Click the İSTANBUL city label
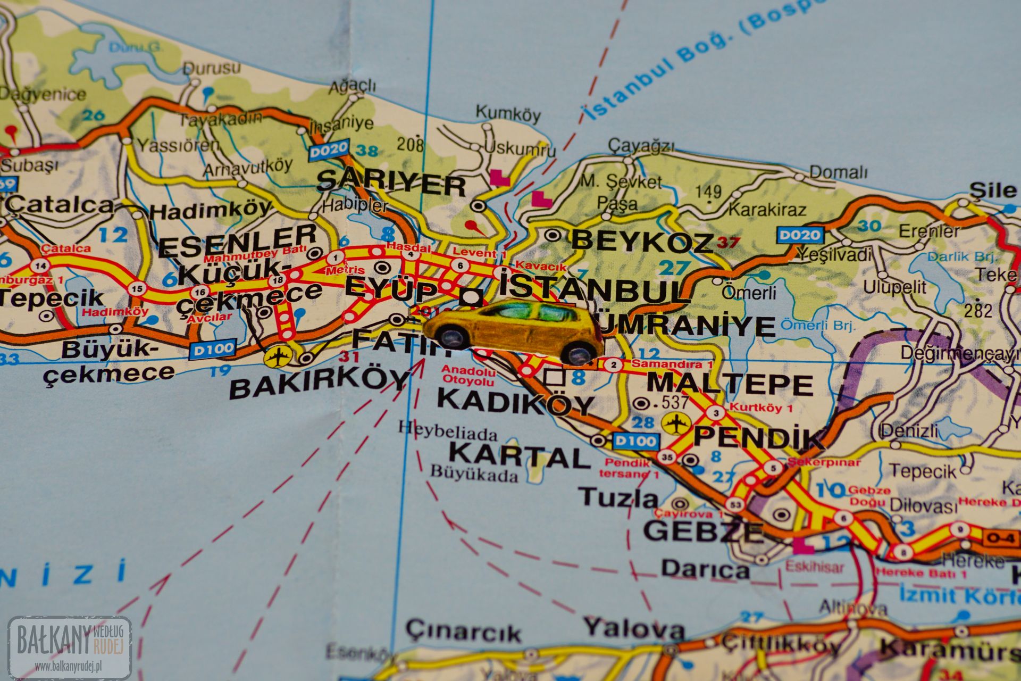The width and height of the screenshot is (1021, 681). [590, 290]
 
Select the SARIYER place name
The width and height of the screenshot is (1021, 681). [391, 184]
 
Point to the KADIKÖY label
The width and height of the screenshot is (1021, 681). [515, 403]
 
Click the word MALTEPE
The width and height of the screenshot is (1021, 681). [730, 384]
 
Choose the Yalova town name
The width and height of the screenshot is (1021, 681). [634, 629]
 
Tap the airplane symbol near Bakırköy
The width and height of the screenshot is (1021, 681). [277, 356]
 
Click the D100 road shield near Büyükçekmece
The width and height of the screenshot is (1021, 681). [213, 349]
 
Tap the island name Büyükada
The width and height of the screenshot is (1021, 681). [474, 473]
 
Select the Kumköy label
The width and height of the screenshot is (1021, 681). [507, 113]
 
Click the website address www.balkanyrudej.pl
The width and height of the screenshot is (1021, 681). [69, 665]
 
